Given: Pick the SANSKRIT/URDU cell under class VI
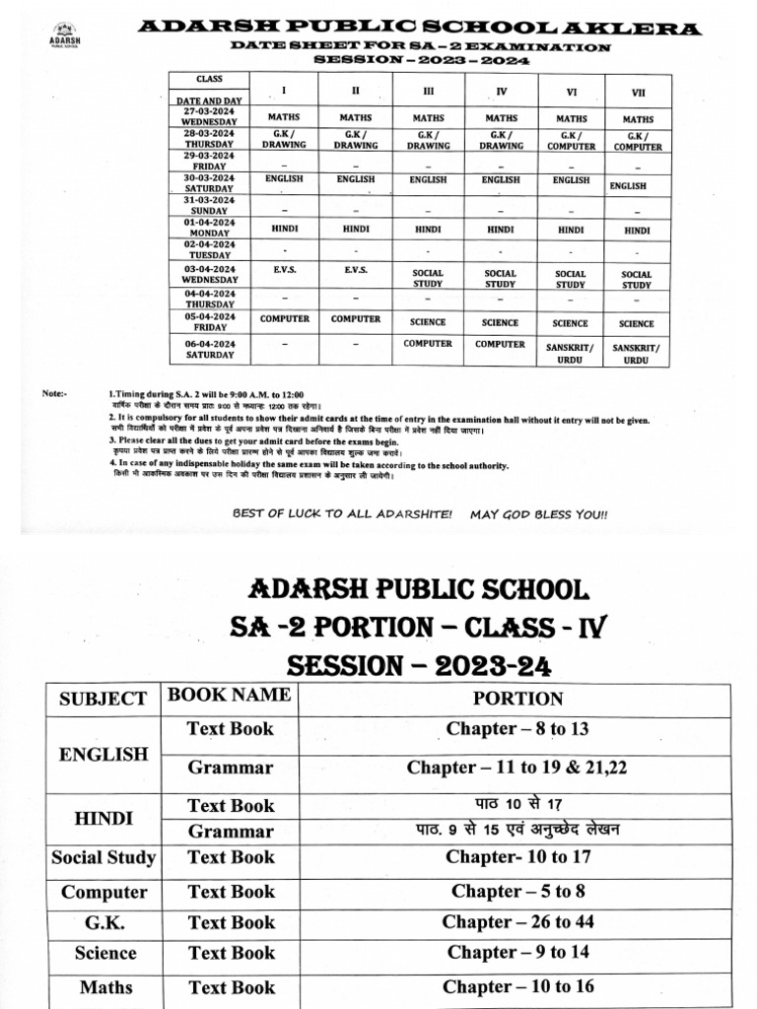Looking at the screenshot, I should pos(570,354).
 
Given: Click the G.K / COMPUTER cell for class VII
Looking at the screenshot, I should pos(636,140).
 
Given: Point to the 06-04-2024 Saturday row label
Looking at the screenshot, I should pos(208,349).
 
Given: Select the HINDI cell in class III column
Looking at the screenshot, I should pos(428,229).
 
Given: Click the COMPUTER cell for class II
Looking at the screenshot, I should pos(355,319).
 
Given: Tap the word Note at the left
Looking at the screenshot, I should pos(54,393).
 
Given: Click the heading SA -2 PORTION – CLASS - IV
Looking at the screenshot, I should pos(421,628).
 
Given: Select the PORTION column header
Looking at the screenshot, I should pos(517,699).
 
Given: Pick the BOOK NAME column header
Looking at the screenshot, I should pos(230,695).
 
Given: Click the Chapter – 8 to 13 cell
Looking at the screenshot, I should pos(517,729).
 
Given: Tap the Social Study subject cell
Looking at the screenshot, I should pos(103,857).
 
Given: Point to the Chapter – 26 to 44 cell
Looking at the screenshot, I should pos(517,922).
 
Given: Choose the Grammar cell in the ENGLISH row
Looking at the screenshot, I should pos(231,767).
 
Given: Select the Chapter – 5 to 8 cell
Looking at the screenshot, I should pos(517,892).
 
